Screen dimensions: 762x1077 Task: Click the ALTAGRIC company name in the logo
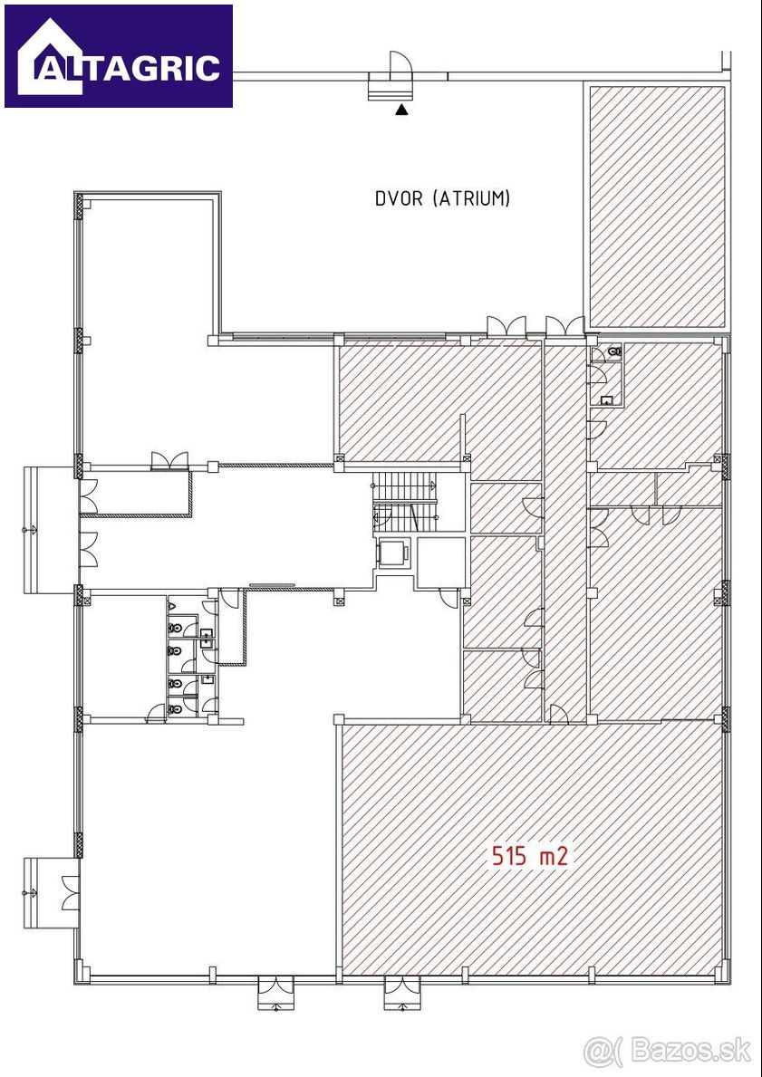coord(128,68)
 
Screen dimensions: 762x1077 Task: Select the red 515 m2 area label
coord(529,856)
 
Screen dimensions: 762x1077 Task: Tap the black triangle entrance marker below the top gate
coord(402,110)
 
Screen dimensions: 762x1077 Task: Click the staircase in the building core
coord(406,505)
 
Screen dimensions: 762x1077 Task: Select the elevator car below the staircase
coord(394,553)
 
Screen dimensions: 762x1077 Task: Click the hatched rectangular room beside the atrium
coord(658,206)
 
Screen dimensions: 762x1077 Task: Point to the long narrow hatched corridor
coord(565,529)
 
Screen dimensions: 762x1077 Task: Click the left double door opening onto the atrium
coord(506,326)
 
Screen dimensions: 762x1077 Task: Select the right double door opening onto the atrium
coord(564,326)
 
